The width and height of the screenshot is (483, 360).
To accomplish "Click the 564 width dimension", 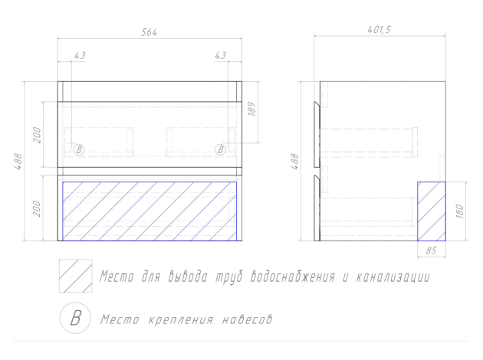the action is click(149, 32).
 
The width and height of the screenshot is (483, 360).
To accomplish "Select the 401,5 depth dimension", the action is click(379, 30).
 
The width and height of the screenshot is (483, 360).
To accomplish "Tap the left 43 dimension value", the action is click(80, 55).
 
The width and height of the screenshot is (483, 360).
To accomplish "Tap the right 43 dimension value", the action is click(220, 55).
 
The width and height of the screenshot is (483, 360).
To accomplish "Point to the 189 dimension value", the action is click(252, 109).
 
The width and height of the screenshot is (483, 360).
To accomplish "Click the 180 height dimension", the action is click(459, 211).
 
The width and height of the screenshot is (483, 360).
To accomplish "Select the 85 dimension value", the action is click(431, 250).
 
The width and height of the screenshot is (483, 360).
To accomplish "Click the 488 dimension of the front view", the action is click(18, 161).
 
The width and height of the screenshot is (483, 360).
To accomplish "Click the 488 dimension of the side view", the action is click(295, 161).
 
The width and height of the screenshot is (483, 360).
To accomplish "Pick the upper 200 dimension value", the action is click(37, 135).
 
